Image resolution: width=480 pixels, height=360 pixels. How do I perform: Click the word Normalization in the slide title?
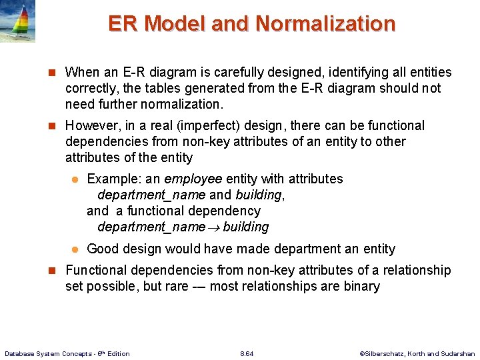point(325,24)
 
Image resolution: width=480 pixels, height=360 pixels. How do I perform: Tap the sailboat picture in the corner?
point(17,21)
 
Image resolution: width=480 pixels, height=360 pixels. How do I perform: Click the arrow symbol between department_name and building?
point(214,227)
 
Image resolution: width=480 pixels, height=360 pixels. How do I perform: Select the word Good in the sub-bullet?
point(101,249)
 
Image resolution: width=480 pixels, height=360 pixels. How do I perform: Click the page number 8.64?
point(247,353)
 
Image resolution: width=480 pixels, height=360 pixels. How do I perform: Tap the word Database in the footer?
point(21,353)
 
